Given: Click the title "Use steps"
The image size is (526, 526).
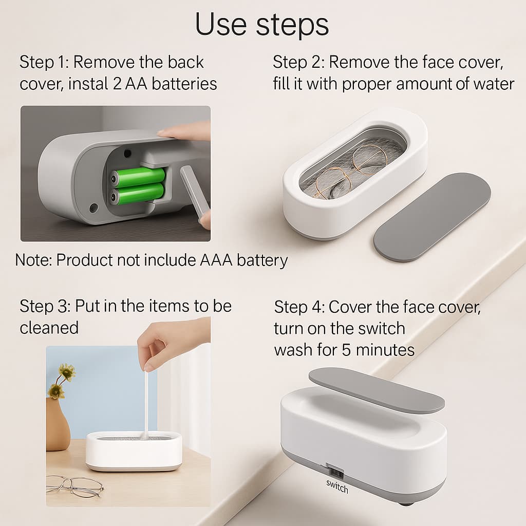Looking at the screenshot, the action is coord(261,24).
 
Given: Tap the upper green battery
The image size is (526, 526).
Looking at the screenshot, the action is coord(138,177).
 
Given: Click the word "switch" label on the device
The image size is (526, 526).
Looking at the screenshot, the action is coord(337,487).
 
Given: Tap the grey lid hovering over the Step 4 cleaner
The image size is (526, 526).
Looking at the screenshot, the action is coord(377,389).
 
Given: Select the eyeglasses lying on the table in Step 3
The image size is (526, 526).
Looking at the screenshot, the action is coord(74,485).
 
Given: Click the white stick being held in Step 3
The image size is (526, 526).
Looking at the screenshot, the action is coord(146,406).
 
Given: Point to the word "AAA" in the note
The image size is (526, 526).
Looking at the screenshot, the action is coord(216,260).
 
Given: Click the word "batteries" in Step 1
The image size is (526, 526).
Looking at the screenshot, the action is coord(184,84).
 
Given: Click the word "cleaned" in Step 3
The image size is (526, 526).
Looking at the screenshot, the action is coord(49,328).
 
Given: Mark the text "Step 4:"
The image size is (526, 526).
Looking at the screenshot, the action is coord(299,307).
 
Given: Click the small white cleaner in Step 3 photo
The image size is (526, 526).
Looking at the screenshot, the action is coord(134,450).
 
